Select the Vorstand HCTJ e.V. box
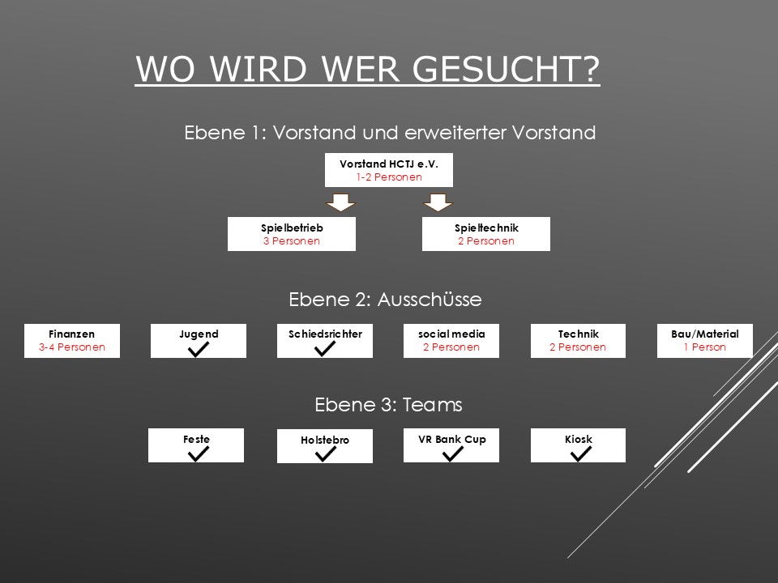click(388, 170)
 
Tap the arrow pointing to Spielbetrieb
click(340, 201)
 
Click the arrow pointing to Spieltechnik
click(438, 201)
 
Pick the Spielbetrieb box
click(292, 234)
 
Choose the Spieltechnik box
click(486, 234)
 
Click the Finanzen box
click(72, 340)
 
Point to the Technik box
click(579, 340)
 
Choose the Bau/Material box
click(705, 340)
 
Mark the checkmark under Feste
click(197, 453)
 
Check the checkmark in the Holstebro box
click(325, 454)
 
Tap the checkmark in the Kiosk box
click(579, 453)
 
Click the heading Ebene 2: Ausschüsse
click(385, 300)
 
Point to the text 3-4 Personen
click(72, 347)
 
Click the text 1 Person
click(705, 347)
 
